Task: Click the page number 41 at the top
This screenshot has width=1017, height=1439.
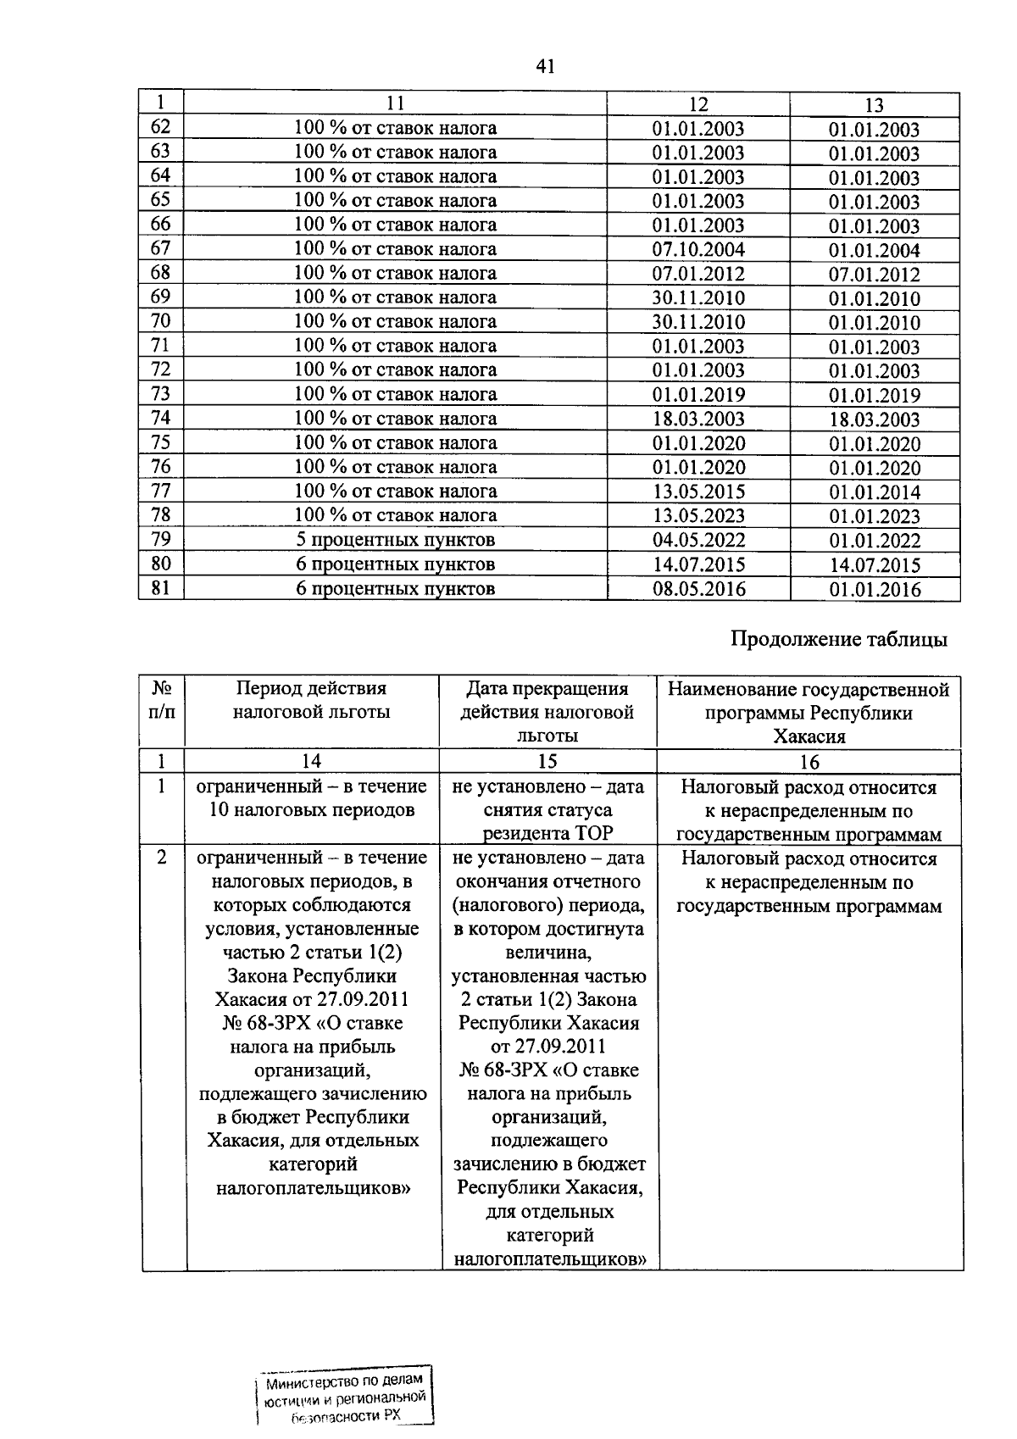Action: tap(545, 66)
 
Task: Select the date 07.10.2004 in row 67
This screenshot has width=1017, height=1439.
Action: tap(698, 249)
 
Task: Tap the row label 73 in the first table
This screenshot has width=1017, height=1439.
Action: tap(160, 393)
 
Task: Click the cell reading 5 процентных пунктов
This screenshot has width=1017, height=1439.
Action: tap(395, 540)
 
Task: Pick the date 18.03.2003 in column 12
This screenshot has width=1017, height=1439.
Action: tap(698, 419)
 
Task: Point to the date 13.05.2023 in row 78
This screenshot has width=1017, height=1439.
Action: tap(698, 515)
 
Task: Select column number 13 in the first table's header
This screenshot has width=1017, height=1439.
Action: tap(874, 105)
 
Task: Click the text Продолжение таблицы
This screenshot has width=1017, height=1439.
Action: tap(839, 640)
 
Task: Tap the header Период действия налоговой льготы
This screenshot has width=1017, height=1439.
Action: tap(311, 700)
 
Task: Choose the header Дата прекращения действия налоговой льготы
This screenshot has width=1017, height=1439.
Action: tap(547, 712)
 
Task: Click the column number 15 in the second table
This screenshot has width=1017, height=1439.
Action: tap(547, 761)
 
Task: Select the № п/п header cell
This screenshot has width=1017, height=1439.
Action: tap(162, 700)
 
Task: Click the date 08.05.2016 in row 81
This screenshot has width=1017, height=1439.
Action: tap(698, 589)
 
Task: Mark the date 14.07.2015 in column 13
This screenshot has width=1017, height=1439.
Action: tap(874, 565)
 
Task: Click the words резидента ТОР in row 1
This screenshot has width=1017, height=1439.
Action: tap(547, 833)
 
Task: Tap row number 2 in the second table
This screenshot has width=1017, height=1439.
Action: tap(162, 858)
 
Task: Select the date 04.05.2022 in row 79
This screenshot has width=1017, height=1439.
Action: tap(698, 540)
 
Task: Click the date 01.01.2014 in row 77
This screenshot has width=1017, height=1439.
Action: tap(874, 492)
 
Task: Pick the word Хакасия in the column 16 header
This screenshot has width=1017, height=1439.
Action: tap(809, 736)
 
